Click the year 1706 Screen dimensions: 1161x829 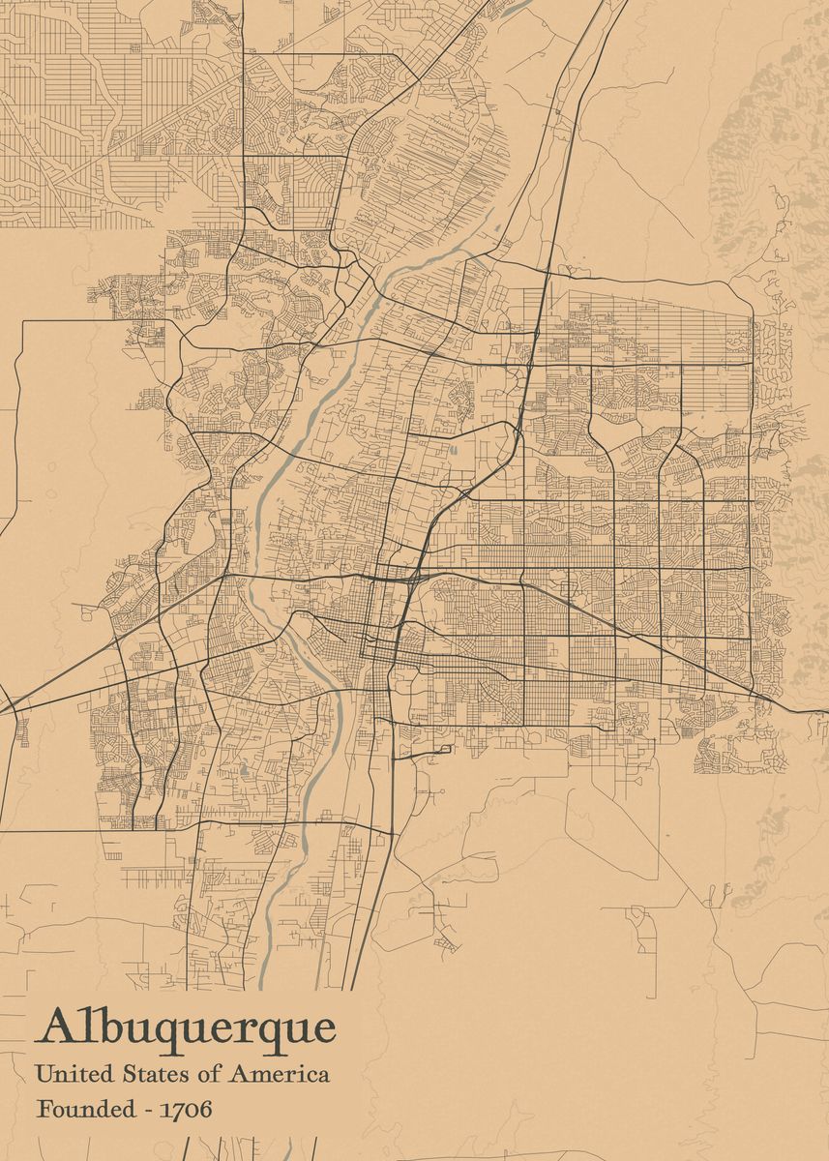point(188,1109)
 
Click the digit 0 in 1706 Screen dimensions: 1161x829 point(192,1109)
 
